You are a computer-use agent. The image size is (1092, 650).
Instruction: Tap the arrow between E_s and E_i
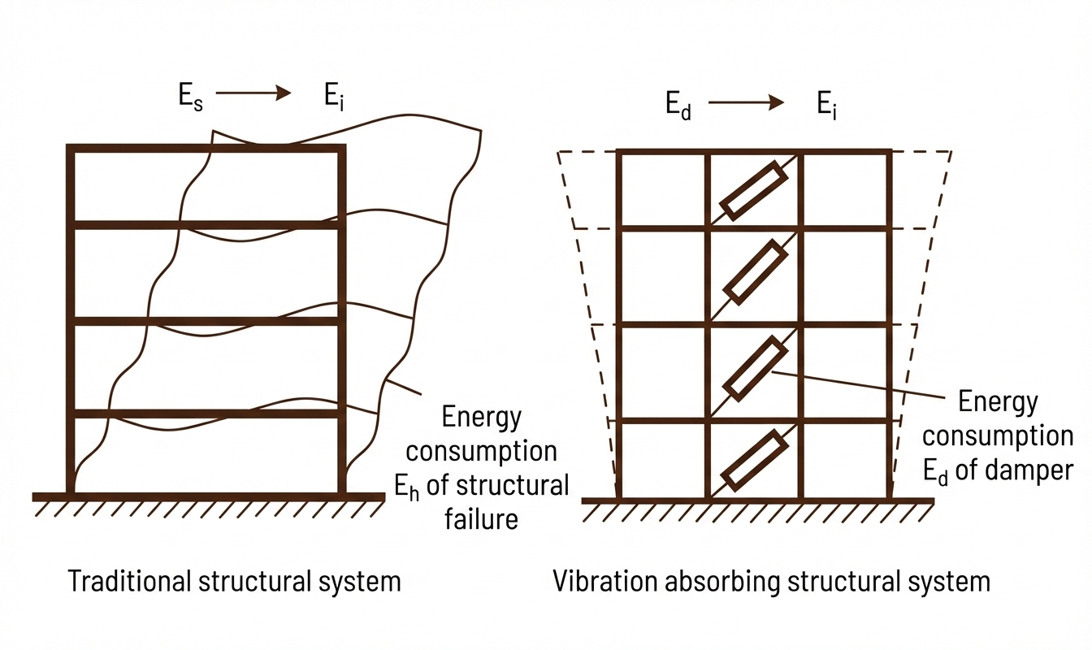click(253, 93)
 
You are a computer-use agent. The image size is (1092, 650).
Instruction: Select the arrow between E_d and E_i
click(745, 102)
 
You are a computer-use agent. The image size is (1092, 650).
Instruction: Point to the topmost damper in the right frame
click(754, 190)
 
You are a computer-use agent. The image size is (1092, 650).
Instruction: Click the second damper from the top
click(755, 272)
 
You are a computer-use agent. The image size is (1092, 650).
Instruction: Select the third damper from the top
click(755, 370)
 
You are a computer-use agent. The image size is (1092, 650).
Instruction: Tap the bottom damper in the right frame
click(755, 461)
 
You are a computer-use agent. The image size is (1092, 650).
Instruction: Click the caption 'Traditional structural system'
click(234, 582)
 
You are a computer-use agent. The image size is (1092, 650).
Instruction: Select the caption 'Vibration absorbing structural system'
click(771, 582)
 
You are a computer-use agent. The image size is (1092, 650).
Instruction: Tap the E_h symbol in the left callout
click(406, 487)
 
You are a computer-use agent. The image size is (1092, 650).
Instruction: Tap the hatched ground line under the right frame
click(757, 507)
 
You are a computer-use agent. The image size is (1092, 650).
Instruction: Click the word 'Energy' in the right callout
click(998, 402)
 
